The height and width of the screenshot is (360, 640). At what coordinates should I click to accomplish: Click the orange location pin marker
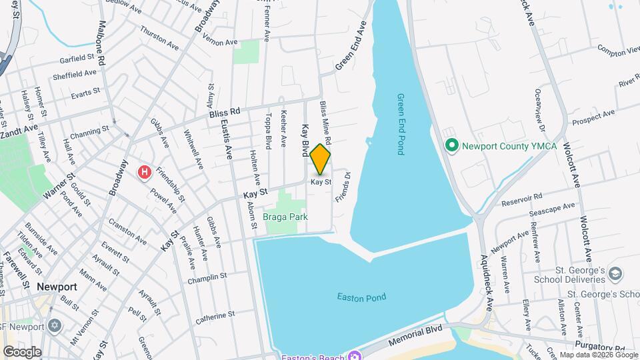coord(321,159)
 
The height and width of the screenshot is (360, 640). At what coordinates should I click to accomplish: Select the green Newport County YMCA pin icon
coord(451,145)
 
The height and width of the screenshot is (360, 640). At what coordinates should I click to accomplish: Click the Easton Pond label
coord(361,297)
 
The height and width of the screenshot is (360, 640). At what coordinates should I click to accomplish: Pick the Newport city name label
coord(57,287)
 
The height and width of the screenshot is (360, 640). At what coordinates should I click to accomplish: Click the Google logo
coord(22,351)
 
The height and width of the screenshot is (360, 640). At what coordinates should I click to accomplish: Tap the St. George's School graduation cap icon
coord(615,274)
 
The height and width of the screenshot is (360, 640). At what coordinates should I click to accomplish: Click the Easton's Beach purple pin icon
coord(356,355)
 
